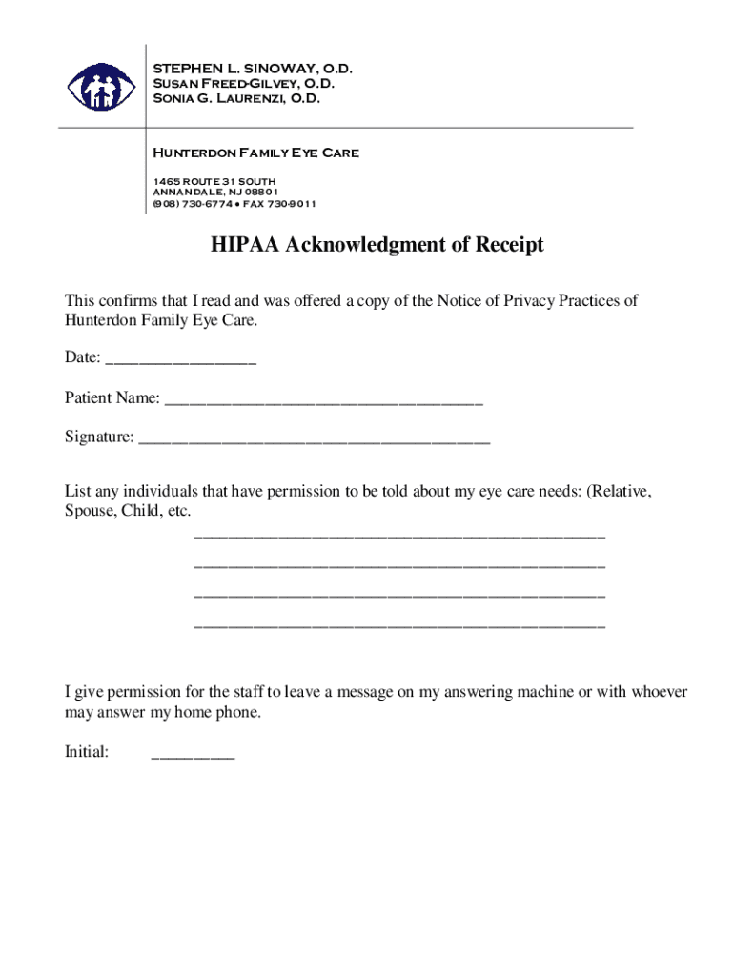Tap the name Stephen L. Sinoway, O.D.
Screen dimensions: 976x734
coord(254,69)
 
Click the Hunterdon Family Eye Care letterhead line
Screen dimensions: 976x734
coord(255,152)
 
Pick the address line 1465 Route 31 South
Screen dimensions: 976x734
coord(215,181)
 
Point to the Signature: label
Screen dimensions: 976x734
coord(99,437)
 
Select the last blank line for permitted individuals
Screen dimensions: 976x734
coord(399,626)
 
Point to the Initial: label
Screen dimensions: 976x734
coord(87,752)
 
